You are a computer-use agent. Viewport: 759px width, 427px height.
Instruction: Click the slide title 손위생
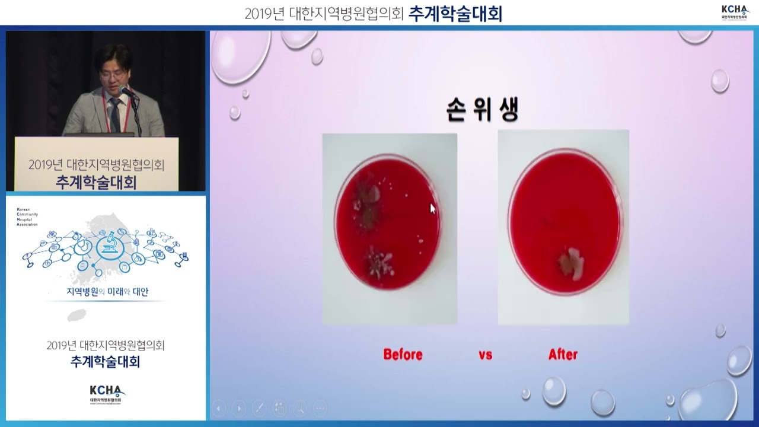coord(482,111)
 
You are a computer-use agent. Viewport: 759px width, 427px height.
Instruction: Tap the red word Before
coord(403,355)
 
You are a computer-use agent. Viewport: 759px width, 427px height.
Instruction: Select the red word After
coord(563,355)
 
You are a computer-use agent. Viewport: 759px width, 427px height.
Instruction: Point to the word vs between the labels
coord(485,355)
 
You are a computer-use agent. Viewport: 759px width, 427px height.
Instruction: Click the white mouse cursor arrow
coord(432,208)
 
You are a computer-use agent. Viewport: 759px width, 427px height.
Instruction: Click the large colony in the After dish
coord(570,263)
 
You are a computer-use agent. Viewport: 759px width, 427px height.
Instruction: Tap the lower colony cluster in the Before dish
coord(378,264)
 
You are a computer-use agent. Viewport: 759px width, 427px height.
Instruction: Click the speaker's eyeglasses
coord(113,75)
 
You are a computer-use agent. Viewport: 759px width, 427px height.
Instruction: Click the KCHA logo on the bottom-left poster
coord(107,393)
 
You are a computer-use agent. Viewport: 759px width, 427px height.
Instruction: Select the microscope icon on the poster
coord(109,243)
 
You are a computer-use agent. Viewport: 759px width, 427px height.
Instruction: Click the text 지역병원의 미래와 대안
coord(107,292)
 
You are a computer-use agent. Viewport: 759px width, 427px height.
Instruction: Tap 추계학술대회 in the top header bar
coord(455,13)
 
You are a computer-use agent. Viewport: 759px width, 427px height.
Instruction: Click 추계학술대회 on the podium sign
coord(96,182)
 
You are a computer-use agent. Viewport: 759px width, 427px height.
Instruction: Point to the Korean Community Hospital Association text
coord(27,217)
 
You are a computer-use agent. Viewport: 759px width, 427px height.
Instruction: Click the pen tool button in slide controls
coord(259,408)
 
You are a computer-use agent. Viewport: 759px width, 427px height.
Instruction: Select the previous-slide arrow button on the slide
coord(219,408)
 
